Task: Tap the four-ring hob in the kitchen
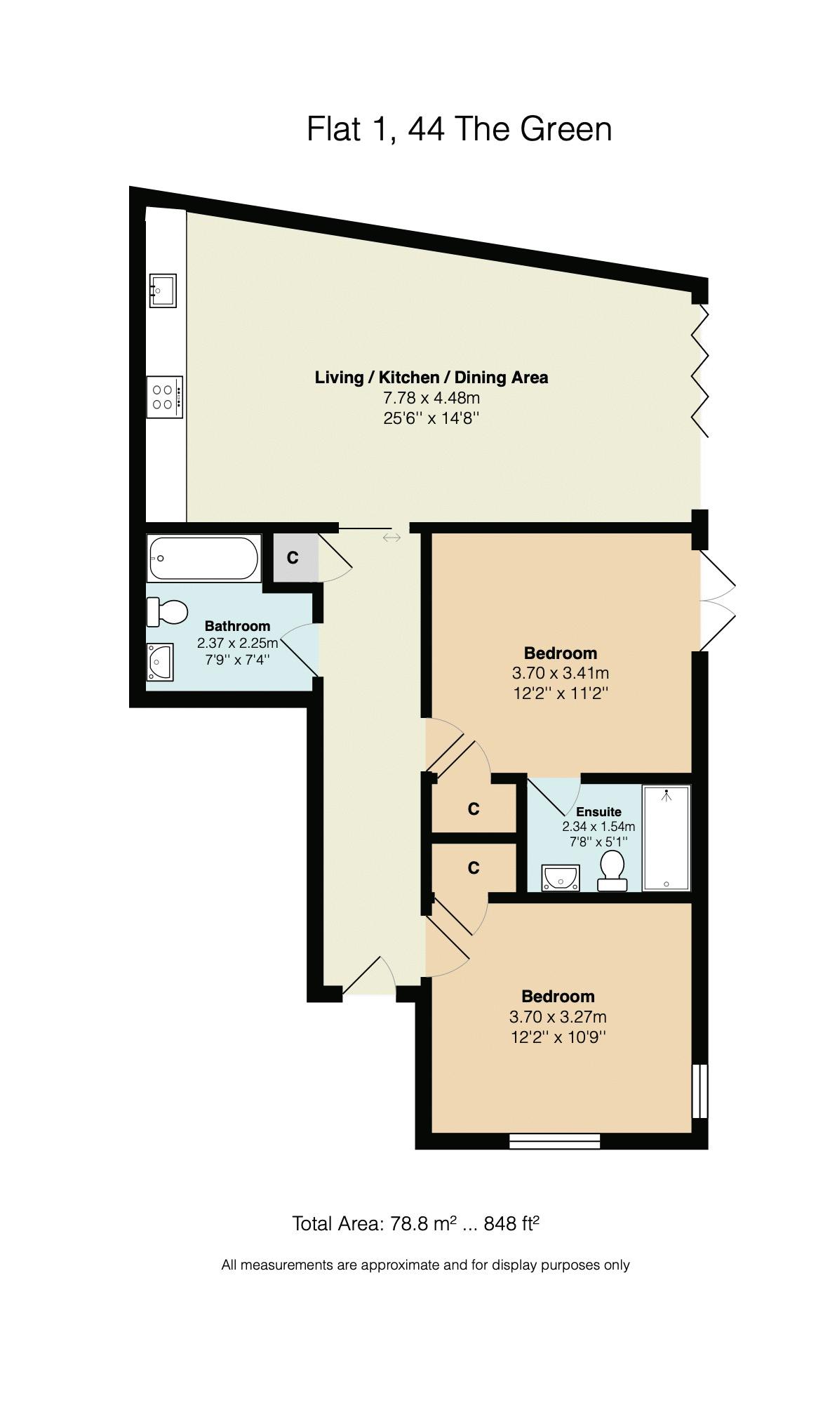[x=165, y=397]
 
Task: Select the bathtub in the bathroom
[x=203, y=558]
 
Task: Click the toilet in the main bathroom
[x=167, y=612]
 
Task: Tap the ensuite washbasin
[x=561, y=878]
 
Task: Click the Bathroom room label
[x=237, y=626]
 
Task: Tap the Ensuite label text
[x=598, y=812]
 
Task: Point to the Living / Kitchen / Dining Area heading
[x=431, y=378]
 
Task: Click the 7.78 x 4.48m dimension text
[x=431, y=398]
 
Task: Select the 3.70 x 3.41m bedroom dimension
[x=561, y=673]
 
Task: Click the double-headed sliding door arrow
[x=391, y=538]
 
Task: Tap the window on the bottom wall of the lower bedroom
[x=555, y=1141]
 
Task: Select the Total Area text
[x=415, y=1225]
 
